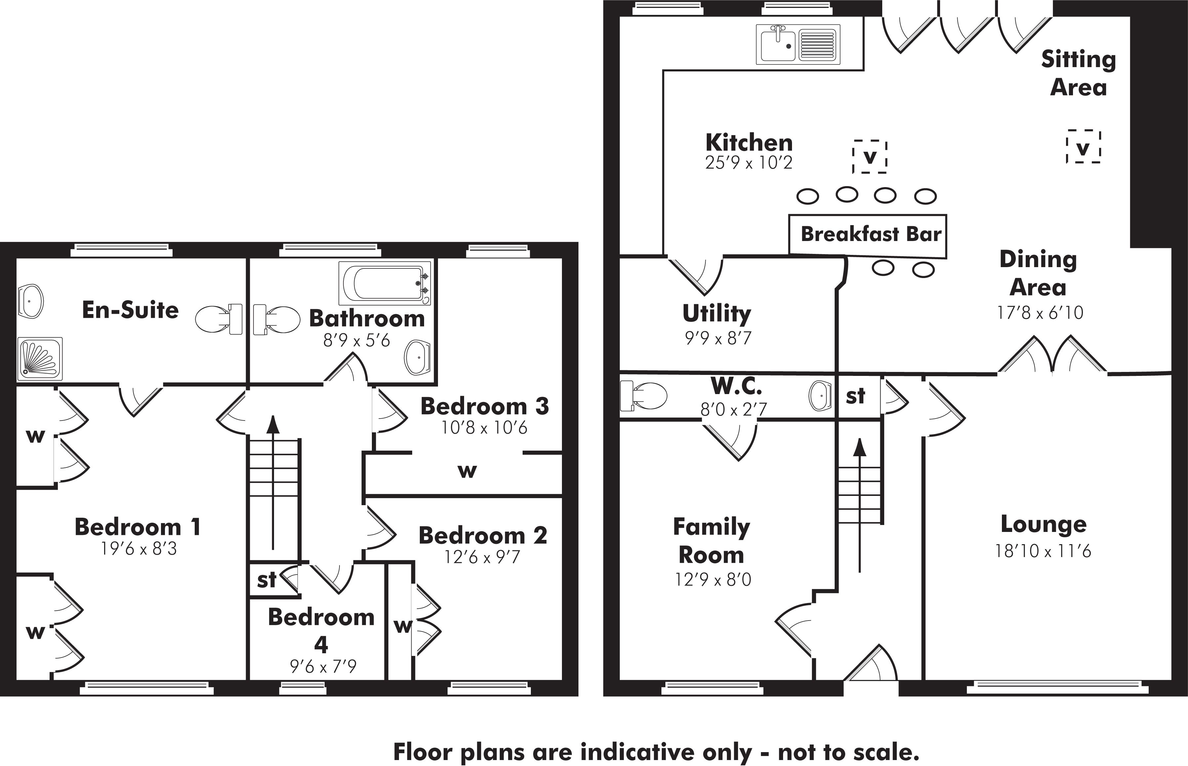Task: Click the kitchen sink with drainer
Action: click(x=798, y=44)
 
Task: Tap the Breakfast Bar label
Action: click(x=871, y=234)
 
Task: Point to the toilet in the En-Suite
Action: click(x=218, y=319)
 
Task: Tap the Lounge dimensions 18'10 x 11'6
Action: click(x=1043, y=551)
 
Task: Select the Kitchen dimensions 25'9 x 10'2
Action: click(x=748, y=163)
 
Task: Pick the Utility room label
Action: click(x=717, y=313)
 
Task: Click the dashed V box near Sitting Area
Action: click(x=1083, y=147)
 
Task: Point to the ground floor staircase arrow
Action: click(x=860, y=503)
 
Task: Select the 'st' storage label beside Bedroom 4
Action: click(x=266, y=580)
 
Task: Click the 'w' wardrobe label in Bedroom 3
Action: click(x=467, y=470)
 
